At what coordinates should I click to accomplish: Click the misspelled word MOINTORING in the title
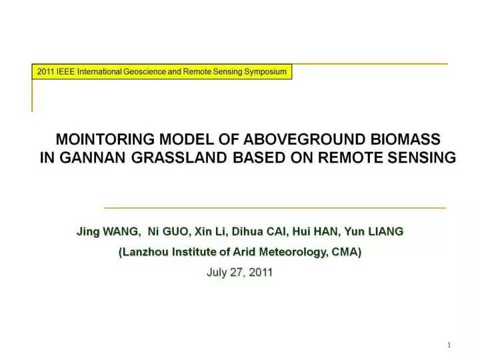(x=105, y=139)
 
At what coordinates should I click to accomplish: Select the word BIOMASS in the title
(x=405, y=139)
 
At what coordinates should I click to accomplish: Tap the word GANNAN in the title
(x=93, y=157)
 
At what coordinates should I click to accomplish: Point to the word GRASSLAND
(x=179, y=157)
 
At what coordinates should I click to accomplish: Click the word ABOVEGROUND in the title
(x=304, y=139)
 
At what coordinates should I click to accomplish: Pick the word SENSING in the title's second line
(x=422, y=157)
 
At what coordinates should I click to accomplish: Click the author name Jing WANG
(x=109, y=231)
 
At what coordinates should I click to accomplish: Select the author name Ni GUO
(x=168, y=231)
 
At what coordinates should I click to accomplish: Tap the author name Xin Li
(x=210, y=231)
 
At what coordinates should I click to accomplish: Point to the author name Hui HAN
(x=315, y=231)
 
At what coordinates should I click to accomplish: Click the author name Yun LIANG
(x=374, y=231)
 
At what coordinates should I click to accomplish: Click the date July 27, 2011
(x=240, y=272)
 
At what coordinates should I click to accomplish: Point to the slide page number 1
(x=449, y=345)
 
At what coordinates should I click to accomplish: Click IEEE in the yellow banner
(x=65, y=71)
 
